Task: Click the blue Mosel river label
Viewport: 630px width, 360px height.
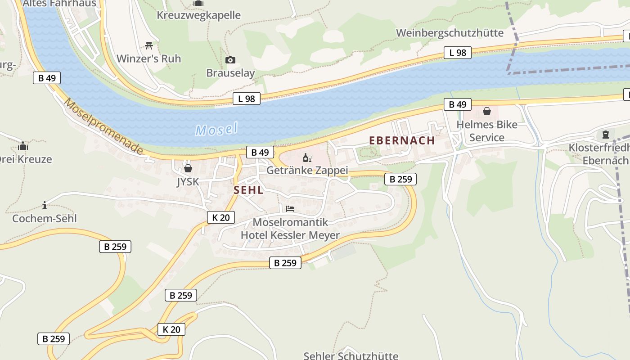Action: click(216, 130)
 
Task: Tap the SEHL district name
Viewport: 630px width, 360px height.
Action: click(248, 190)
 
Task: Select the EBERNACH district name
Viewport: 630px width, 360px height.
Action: click(402, 140)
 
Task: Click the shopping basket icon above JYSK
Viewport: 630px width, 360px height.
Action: click(188, 168)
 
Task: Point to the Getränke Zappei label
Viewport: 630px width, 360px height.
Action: click(307, 171)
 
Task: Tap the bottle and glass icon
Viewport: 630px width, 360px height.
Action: click(307, 157)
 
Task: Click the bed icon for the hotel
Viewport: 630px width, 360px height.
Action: click(290, 209)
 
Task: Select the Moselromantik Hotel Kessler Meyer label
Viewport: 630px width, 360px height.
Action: click(290, 229)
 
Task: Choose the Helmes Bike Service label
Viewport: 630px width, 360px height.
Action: click(487, 131)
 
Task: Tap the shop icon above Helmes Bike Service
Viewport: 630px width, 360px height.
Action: click(487, 111)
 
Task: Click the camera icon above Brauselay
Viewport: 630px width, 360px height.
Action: click(230, 60)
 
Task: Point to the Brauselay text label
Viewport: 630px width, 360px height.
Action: click(230, 73)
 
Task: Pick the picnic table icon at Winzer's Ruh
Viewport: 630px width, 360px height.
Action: click(149, 45)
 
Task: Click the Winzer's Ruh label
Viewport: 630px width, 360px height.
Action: click(148, 58)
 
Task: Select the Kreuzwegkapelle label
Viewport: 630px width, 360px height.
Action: click(198, 15)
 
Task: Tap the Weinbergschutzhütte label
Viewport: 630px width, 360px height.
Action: click(450, 33)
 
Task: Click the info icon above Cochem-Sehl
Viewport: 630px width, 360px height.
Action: click(45, 206)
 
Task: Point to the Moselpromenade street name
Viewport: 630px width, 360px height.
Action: click(103, 127)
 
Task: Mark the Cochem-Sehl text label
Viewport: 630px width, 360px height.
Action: click(45, 219)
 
